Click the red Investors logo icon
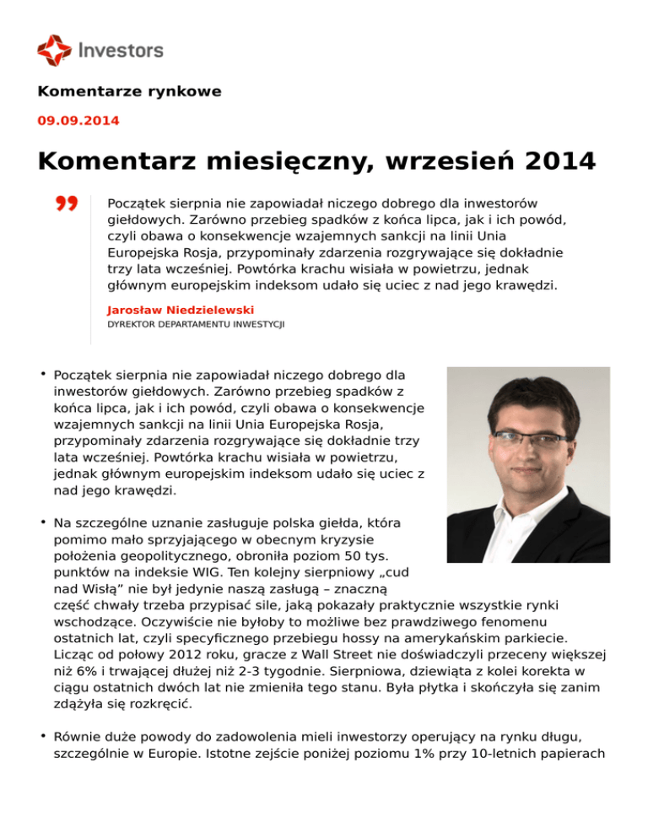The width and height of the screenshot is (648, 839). tap(54, 50)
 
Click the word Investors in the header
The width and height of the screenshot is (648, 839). tap(121, 50)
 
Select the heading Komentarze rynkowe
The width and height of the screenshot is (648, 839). tap(129, 92)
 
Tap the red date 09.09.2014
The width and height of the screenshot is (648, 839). tap(78, 121)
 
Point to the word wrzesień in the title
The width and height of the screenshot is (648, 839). tap(427, 160)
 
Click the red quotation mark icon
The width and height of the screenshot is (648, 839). tap(67, 205)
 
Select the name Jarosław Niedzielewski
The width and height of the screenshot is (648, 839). tap(175, 311)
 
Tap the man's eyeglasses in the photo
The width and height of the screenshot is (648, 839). tap(529, 438)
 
